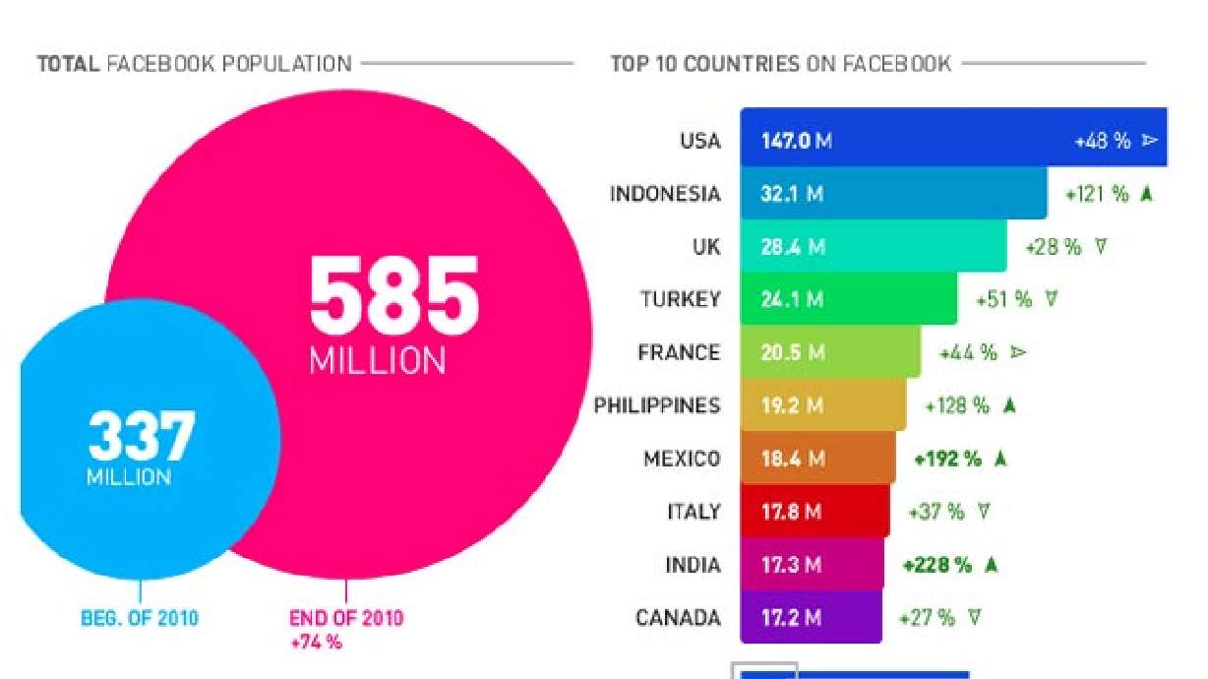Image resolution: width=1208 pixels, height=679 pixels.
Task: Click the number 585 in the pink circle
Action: (394, 296)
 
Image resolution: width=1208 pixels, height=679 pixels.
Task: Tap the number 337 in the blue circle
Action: (141, 437)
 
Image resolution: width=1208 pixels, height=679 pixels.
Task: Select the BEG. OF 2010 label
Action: (139, 619)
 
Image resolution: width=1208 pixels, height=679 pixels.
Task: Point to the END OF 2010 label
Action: (345, 619)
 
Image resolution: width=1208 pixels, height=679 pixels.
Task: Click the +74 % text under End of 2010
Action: (315, 642)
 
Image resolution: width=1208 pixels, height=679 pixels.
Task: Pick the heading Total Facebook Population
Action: (194, 65)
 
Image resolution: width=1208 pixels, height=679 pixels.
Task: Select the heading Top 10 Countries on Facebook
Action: (780, 65)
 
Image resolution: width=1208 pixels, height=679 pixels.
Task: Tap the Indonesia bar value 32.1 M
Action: (792, 194)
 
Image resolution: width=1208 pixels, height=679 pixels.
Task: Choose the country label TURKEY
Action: (680, 299)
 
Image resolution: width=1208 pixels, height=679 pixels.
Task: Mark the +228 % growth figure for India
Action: (936, 565)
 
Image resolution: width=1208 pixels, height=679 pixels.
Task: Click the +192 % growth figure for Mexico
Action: (947, 459)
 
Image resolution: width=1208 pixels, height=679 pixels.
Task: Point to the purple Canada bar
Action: (811, 618)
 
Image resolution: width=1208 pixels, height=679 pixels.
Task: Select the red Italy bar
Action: (815, 512)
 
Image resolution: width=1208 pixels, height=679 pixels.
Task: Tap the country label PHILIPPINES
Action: (656, 405)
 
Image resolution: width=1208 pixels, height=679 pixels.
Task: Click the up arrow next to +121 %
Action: (1145, 194)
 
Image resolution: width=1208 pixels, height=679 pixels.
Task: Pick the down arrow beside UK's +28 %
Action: (1100, 247)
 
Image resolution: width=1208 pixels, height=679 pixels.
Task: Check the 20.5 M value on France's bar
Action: (792, 352)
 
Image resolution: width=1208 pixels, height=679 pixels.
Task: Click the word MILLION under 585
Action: (377, 360)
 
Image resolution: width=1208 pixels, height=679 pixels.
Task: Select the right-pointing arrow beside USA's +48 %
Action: (1150, 141)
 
